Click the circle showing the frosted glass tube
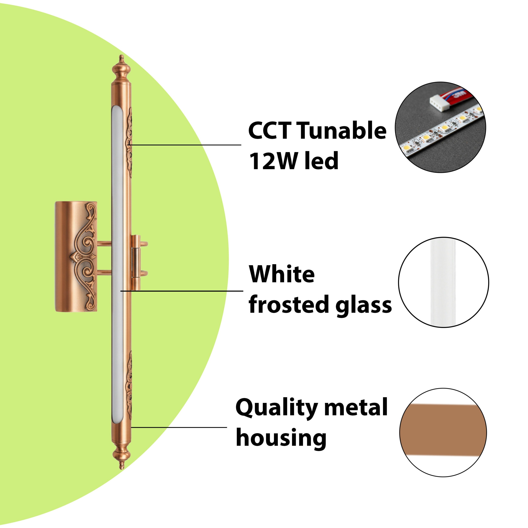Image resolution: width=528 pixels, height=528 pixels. click(443, 282)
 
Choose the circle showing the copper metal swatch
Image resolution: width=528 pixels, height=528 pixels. click(443, 433)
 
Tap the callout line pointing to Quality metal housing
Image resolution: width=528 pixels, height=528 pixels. click(179, 427)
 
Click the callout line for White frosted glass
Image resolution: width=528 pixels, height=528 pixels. click(182, 291)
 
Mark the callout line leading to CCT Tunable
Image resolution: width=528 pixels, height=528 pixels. click(184, 145)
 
